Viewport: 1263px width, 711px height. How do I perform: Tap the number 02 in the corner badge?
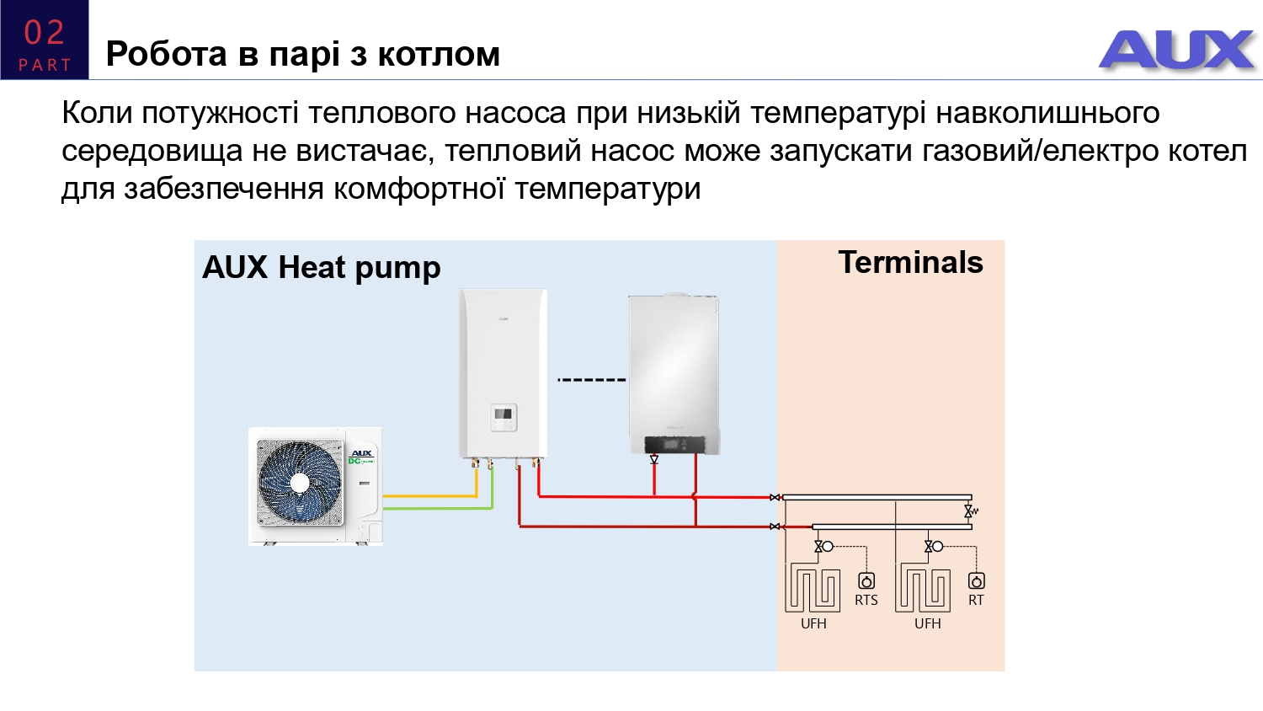[x=44, y=33]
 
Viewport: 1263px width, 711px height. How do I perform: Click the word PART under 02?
[x=45, y=65]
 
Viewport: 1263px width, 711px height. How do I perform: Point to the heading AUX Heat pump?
[x=321, y=268]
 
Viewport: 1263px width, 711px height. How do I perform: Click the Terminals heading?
[x=910, y=262]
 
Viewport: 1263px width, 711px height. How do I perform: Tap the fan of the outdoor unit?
[x=300, y=482]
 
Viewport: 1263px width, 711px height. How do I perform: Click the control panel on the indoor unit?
[x=504, y=418]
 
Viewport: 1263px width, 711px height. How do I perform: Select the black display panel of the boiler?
[x=674, y=444]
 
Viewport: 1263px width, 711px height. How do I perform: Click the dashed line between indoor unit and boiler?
[x=592, y=380]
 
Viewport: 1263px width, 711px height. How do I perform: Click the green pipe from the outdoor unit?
[x=438, y=508]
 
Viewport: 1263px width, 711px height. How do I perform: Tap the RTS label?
[x=866, y=600]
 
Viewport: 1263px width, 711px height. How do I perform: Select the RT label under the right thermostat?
[x=976, y=600]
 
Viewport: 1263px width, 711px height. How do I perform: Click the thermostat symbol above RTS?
[x=866, y=580]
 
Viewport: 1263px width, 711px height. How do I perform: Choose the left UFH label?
[x=813, y=623]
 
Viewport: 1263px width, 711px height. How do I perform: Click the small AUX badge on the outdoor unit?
[x=361, y=453]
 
